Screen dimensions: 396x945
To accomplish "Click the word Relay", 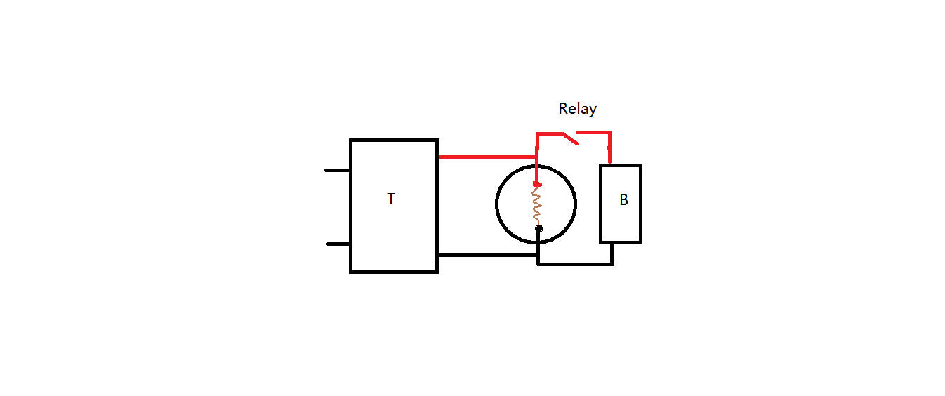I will [577, 109].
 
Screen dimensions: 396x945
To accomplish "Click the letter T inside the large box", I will [391, 199].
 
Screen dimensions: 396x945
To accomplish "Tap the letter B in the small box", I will [623, 200].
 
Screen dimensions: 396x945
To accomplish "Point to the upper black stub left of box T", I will [337, 170].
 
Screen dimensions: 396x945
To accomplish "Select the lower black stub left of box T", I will [338, 244].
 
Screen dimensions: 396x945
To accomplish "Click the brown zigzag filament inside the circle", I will [537, 206].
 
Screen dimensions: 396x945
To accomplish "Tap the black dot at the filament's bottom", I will [538, 229].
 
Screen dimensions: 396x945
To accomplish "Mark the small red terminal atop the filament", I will [537, 184].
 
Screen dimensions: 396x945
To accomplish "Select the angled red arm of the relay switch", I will [569, 138].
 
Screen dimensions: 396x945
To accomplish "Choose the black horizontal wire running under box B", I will [575, 264].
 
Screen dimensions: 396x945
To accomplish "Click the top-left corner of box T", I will [351, 140].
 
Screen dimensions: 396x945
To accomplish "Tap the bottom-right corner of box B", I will [640, 242].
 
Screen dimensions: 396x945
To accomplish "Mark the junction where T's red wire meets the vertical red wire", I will [537, 157].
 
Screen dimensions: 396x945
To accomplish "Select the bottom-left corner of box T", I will [351, 271].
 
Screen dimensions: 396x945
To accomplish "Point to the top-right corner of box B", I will [640, 166].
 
